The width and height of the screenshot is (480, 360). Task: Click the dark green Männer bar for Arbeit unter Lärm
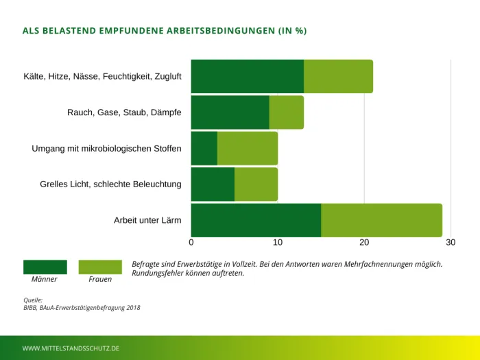click(256, 220)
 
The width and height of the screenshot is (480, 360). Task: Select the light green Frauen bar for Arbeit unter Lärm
click(381, 220)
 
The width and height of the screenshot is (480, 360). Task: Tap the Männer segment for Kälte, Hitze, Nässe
click(247, 76)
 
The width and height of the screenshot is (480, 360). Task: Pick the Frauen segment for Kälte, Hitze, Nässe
click(338, 76)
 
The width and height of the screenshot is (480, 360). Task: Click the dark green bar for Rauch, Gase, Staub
click(230, 112)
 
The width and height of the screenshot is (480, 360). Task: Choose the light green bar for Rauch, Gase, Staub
click(286, 112)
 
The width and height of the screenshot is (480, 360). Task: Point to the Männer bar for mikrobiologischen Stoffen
click(204, 148)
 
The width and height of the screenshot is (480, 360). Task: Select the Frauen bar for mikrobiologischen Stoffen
click(247, 148)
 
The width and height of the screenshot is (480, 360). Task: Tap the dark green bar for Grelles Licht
click(213, 184)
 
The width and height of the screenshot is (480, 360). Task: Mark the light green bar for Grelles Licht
click(256, 184)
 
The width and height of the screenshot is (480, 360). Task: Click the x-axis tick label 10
click(278, 242)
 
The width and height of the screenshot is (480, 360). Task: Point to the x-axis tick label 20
click(364, 242)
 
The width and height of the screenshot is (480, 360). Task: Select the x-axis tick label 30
click(450, 242)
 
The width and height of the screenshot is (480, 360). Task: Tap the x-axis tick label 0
click(191, 242)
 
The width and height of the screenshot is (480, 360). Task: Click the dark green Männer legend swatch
click(45, 267)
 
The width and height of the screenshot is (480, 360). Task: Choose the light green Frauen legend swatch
click(100, 267)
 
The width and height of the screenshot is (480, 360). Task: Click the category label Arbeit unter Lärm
click(147, 220)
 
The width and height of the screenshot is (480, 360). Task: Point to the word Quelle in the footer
click(33, 300)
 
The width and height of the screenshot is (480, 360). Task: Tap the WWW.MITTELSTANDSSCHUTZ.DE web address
click(71, 348)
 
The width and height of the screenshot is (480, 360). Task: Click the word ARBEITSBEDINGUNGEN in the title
click(213, 31)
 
